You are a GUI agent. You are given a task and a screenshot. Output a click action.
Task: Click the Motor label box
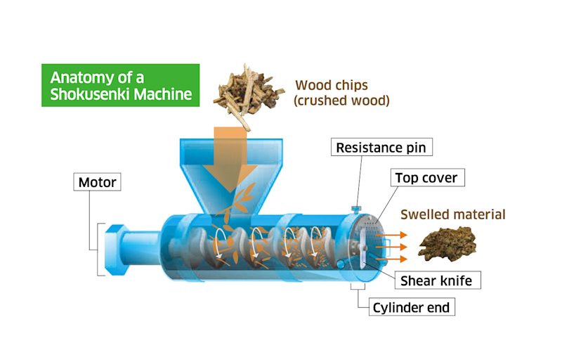click(x=97, y=183)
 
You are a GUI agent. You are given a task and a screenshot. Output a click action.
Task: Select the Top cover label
click(x=426, y=177)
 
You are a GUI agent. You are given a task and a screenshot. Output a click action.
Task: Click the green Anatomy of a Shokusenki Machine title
click(x=120, y=85)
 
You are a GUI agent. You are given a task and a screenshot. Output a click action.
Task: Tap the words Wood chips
click(x=331, y=86)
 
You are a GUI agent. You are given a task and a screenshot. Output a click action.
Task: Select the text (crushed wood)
click(x=341, y=101)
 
